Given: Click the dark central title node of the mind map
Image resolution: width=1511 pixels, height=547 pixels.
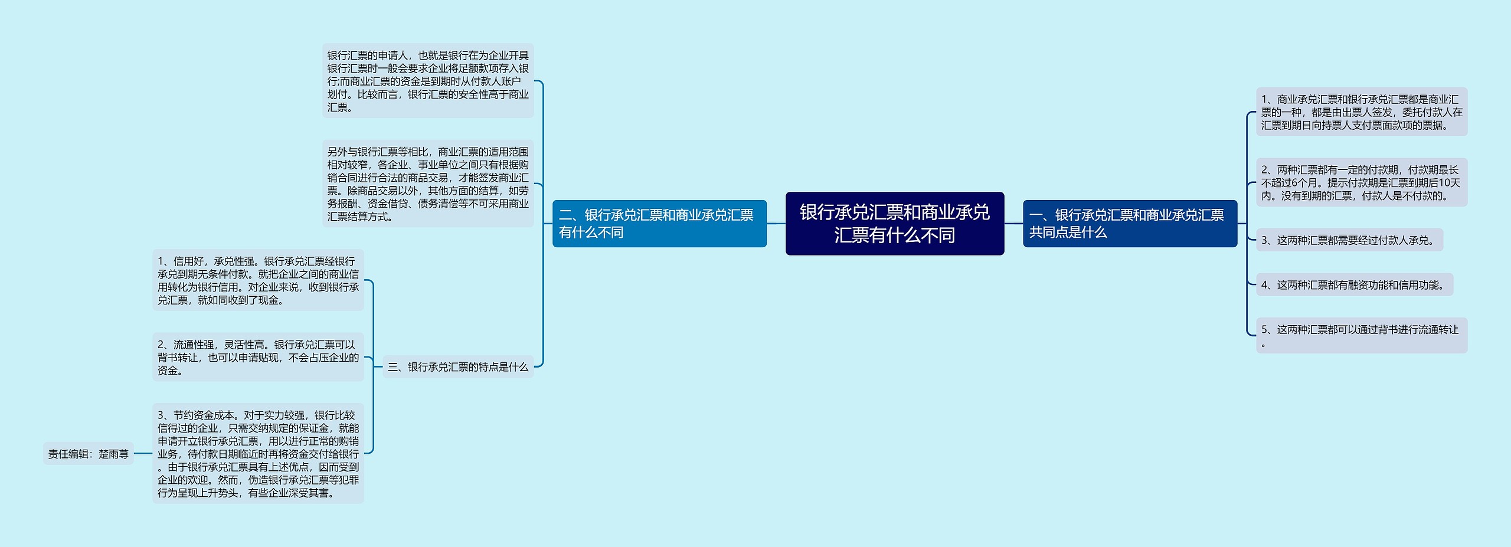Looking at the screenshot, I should (894, 224).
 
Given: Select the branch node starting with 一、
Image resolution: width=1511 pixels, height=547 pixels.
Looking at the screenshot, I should (1129, 224).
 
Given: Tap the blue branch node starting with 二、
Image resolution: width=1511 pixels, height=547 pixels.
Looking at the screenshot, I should (659, 224).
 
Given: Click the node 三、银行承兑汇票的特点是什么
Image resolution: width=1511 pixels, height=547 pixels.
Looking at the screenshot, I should (458, 367).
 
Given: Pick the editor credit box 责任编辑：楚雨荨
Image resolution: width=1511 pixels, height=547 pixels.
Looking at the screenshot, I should (89, 454).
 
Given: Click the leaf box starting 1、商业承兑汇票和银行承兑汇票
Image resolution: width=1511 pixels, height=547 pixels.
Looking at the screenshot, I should (1361, 112).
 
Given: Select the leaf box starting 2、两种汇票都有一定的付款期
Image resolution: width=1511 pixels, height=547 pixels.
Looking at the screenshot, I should (1361, 182).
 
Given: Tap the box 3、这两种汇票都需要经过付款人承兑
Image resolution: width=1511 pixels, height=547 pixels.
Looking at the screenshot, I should (1349, 240).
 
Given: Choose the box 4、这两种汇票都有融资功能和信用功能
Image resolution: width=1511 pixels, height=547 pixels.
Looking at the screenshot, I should (1354, 285).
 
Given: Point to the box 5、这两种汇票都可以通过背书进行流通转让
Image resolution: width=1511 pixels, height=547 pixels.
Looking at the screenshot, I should (1361, 335).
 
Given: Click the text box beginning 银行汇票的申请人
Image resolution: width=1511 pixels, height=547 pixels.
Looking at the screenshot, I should (428, 81).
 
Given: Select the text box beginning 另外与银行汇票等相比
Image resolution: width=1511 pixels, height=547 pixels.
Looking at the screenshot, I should (428, 184).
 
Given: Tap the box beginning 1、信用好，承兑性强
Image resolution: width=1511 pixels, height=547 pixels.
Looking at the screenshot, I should (258, 280).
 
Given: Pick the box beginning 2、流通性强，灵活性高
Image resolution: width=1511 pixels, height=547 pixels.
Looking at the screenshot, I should (258, 357).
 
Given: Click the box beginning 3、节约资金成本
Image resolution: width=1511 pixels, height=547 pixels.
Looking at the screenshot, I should (258, 453).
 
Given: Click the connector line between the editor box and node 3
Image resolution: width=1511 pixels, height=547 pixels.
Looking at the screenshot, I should (143, 454).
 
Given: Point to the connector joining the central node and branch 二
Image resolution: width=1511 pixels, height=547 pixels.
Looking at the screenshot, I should (776, 224).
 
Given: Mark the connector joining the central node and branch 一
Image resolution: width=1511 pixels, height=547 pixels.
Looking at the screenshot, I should (1013, 224).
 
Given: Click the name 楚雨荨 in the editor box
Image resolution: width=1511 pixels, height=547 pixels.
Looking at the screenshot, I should (113, 454).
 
